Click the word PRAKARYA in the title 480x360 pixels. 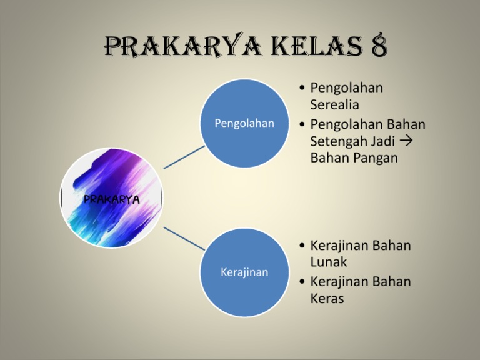point(183,46)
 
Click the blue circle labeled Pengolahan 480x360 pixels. point(244,123)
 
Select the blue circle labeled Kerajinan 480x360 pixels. point(244,272)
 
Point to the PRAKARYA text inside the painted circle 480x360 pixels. point(112,199)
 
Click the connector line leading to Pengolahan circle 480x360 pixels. point(184,157)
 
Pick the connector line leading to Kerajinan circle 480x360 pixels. point(184,239)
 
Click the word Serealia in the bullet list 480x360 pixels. point(334,104)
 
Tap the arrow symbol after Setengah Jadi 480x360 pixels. point(406,141)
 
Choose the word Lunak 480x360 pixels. point(329,262)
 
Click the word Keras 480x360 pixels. point(327,298)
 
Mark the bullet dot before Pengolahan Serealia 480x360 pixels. point(302,88)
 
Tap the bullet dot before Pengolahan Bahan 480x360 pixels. point(302,124)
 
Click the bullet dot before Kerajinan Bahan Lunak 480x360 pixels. point(302,246)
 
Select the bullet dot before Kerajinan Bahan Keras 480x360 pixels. point(302,282)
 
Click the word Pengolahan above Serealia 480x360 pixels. point(346,88)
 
